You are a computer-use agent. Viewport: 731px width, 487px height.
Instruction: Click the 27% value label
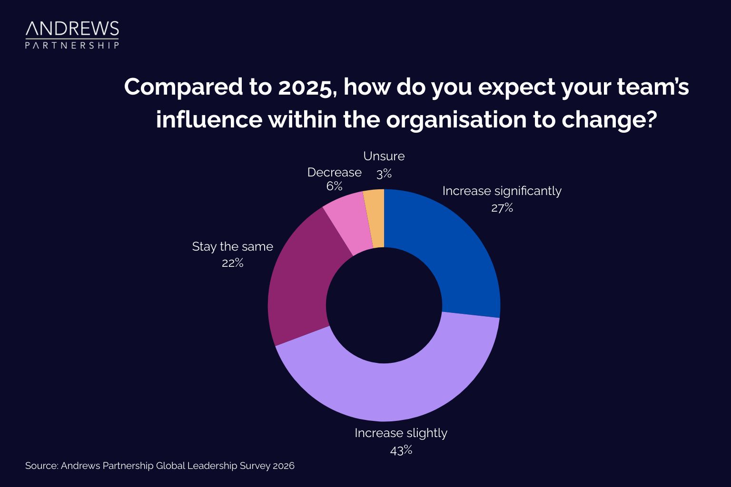502,208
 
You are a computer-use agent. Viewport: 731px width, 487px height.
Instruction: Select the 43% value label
401,450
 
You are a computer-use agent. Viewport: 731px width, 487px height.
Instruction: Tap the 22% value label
232,263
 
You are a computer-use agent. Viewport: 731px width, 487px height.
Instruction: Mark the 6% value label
334,186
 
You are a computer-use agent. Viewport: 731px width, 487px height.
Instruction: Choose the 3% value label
384,174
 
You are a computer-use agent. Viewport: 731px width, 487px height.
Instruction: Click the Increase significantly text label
502,191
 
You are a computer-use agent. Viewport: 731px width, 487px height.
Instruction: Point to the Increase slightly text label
401,433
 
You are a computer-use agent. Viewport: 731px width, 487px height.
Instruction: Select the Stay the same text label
232,246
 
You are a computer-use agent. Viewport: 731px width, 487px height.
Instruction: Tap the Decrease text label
334,172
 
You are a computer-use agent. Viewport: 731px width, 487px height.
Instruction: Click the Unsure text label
384,156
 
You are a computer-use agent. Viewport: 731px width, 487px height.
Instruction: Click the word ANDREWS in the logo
72,29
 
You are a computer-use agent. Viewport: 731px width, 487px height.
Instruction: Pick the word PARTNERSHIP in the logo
72,46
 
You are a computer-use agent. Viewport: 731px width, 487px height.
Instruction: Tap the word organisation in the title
456,119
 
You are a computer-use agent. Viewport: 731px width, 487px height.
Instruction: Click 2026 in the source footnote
283,466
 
